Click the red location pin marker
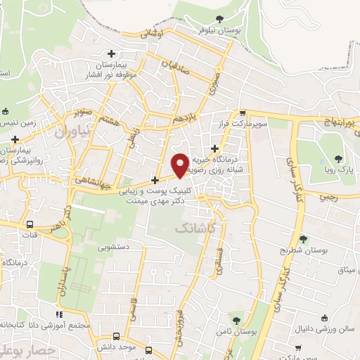point(181,165)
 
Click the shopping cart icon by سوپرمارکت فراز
point(243,113)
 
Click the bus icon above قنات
point(30,225)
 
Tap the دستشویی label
point(122,247)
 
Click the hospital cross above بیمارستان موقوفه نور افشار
point(111,53)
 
